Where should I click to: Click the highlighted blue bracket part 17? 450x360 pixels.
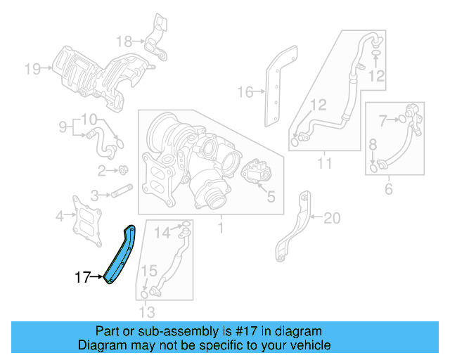click(x=119, y=257)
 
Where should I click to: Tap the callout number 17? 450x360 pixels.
click(x=83, y=278)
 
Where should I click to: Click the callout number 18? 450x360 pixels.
click(x=124, y=40)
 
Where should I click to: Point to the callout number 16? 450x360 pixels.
click(x=245, y=91)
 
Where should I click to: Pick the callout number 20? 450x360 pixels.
click(x=331, y=218)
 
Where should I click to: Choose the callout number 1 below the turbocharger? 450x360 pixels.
click(x=219, y=228)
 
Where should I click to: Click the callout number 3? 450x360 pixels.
click(x=94, y=195)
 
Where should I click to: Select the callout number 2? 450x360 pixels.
click(x=103, y=170)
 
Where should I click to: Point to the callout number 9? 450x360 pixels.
click(x=63, y=127)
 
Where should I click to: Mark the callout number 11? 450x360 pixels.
click(x=324, y=165)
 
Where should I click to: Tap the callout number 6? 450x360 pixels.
click(x=388, y=188)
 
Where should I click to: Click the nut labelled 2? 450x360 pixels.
click(x=123, y=169)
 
